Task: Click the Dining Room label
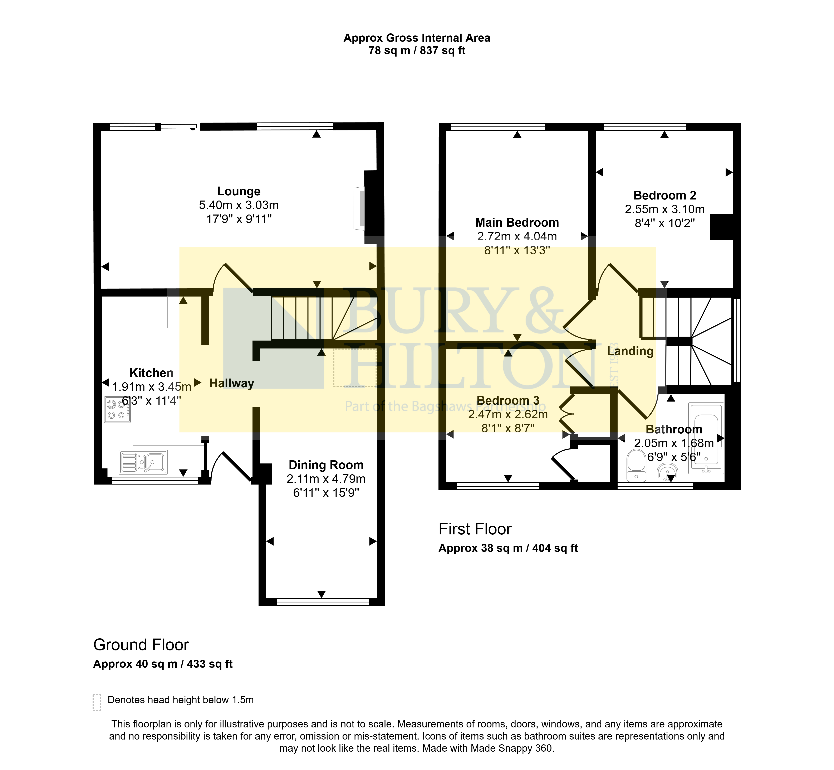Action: tap(326, 465)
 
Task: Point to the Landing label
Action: tap(630, 351)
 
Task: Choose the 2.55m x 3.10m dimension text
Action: tap(664, 209)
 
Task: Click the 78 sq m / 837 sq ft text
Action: tap(417, 51)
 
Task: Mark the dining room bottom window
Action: tap(323, 602)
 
